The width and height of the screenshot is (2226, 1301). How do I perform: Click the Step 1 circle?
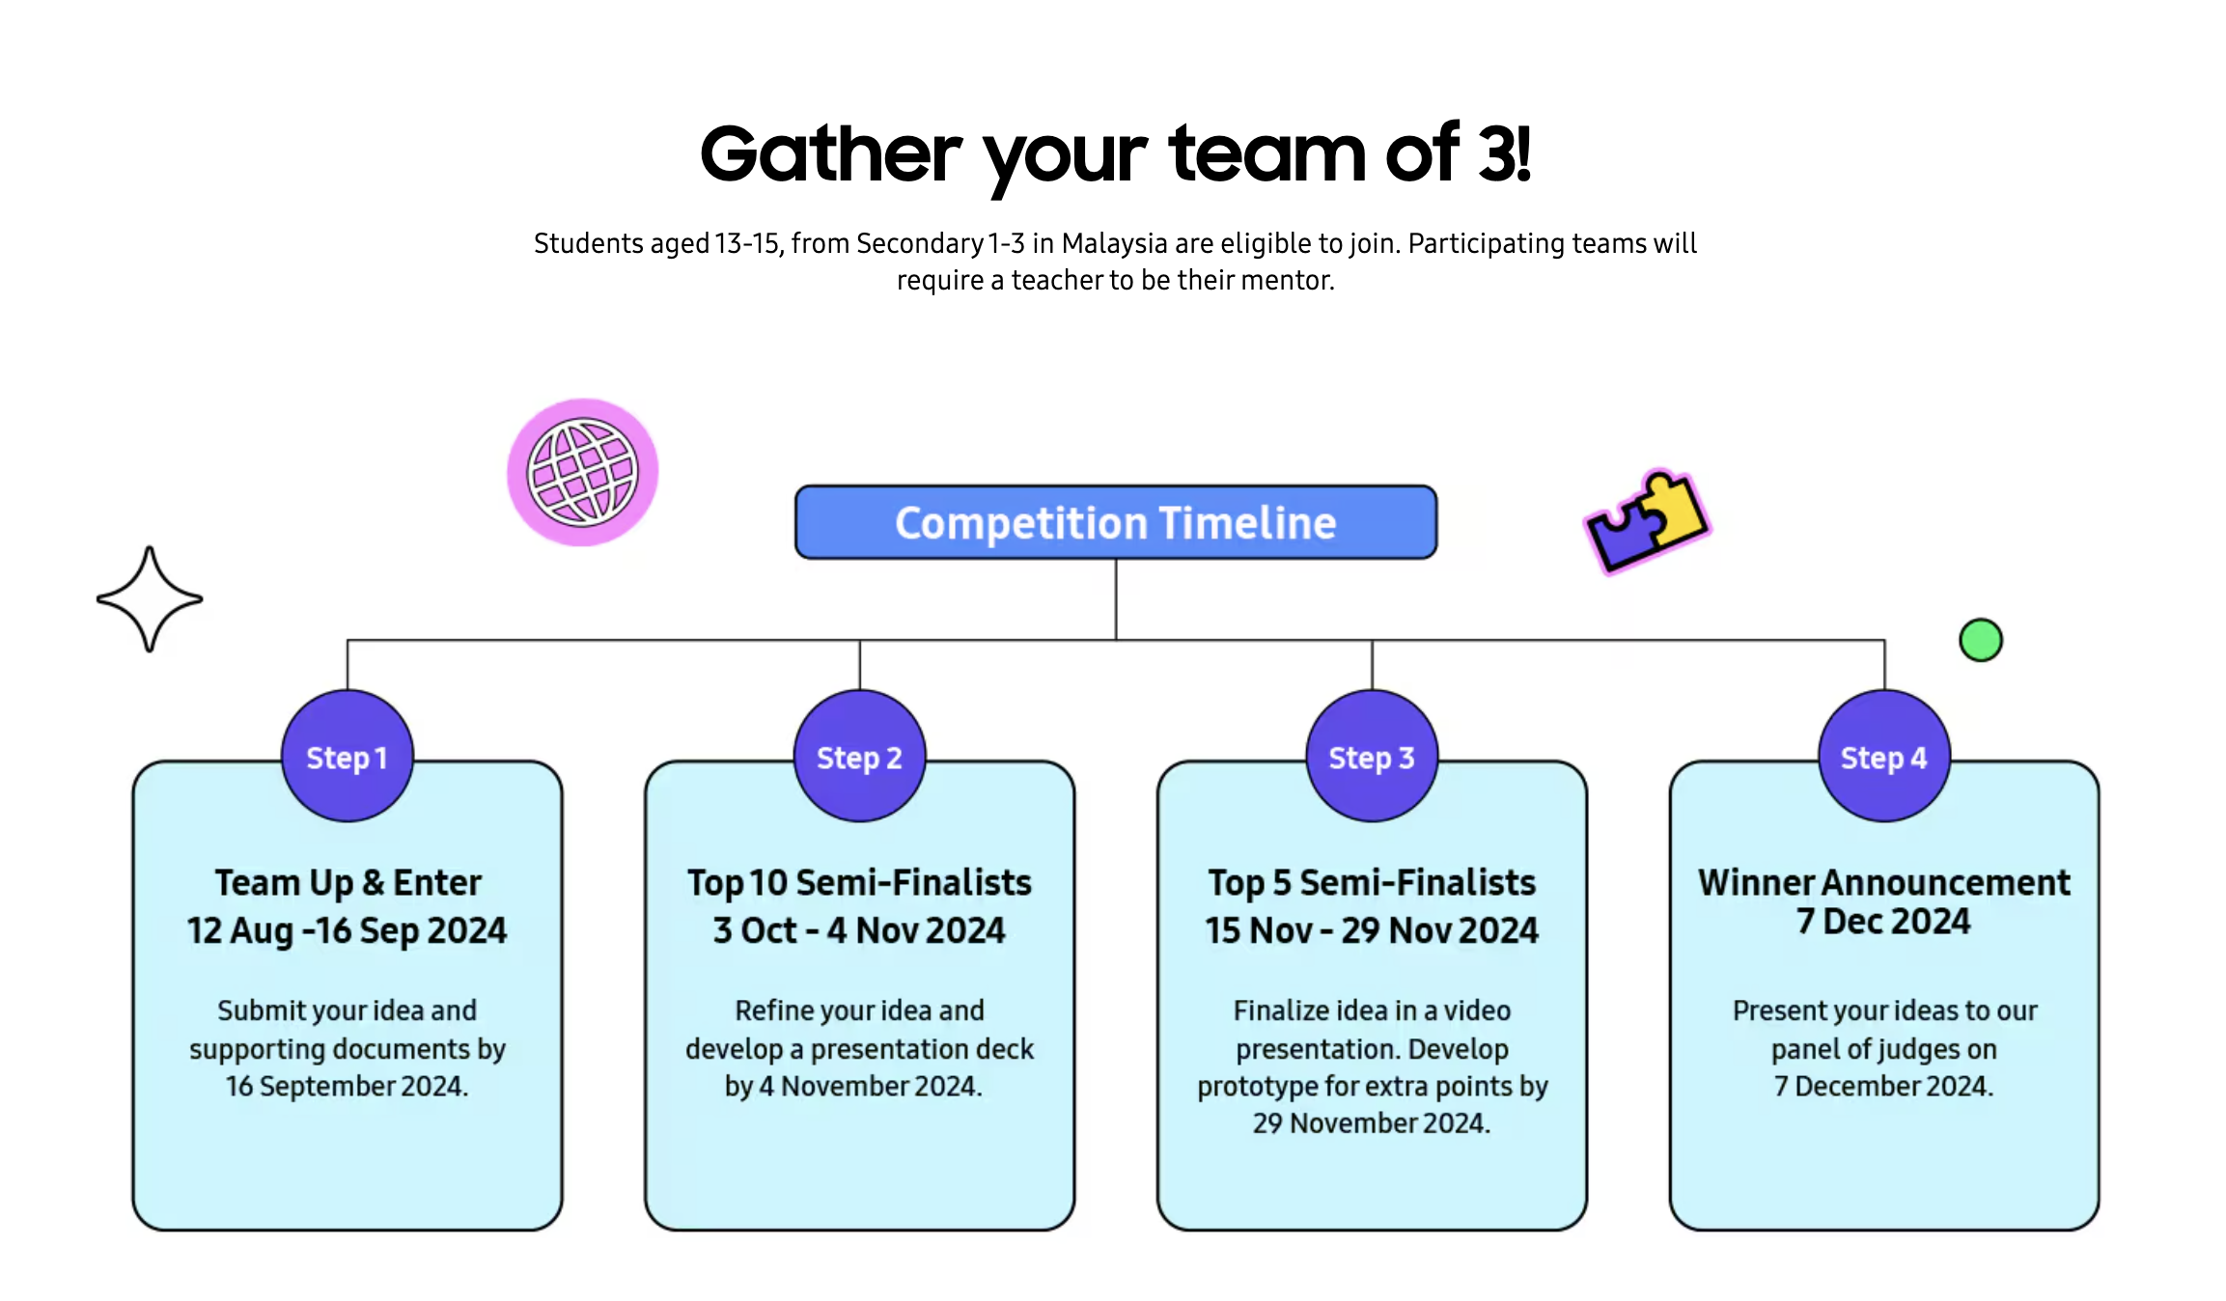[348, 756]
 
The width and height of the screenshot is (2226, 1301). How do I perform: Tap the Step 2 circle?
[859, 756]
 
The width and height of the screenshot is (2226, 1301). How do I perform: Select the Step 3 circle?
[1372, 756]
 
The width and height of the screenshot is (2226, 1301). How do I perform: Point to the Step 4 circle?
[1884, 756]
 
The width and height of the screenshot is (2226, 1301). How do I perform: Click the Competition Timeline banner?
[1116, 522]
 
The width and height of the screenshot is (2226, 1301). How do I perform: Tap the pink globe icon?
[582, 472]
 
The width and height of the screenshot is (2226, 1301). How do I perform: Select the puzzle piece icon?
[1647, 520]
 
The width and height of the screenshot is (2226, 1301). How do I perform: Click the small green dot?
[1981, 640]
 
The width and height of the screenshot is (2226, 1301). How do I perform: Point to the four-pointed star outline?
[150, 599]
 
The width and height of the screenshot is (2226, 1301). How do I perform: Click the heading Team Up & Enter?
[348, 882]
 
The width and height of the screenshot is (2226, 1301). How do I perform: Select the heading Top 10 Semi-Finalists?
[859, 882]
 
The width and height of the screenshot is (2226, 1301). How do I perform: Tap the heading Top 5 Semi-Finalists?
[1372, 882]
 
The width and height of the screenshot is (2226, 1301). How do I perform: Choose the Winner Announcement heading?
[1884, 882]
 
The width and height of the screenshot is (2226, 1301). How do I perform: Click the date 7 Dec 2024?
[1883, 922]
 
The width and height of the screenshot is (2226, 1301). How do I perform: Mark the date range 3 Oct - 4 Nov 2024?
[859, 930]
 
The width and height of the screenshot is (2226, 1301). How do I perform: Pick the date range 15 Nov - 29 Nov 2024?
[1372, 930]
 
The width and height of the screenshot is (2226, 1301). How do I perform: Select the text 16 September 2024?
[348, 1086]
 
